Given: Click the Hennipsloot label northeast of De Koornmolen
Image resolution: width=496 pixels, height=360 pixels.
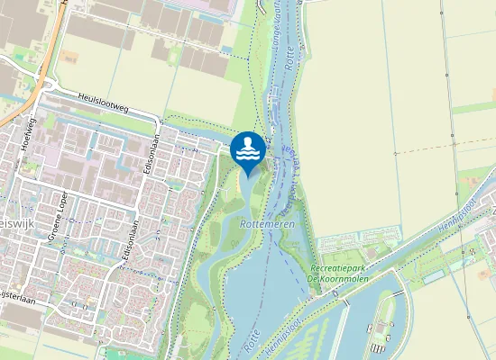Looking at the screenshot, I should (x=451, y=213).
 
